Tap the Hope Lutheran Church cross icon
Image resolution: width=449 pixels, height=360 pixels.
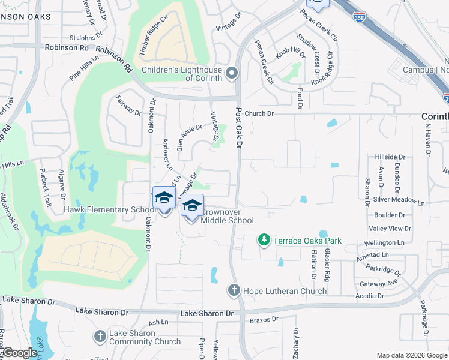(234, 291)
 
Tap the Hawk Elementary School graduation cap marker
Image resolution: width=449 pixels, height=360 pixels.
(164, 198)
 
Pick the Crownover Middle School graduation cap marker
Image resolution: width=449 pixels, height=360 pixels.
(192, 206)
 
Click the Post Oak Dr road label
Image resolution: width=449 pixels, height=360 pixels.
(238, 128)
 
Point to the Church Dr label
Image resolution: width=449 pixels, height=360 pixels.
(259, 113)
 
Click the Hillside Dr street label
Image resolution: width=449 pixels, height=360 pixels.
(390, 157)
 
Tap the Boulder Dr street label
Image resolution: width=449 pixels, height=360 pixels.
(388, 215)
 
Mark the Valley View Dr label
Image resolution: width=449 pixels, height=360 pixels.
(390, 229)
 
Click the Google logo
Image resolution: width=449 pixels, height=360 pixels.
(19, 353)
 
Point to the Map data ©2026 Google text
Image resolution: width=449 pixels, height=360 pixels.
(411, 355)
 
